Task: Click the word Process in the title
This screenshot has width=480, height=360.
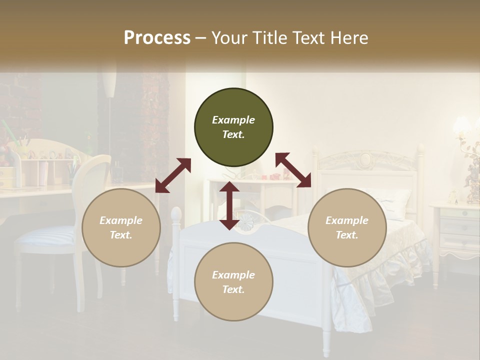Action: [157, 38]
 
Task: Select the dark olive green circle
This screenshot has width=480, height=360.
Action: [233, 127]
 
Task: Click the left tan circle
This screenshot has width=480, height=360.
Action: [121, 227]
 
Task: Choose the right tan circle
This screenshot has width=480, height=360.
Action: [347, 227]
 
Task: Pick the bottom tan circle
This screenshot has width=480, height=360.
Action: [233, 282]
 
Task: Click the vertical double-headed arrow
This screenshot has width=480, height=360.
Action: [229, 206]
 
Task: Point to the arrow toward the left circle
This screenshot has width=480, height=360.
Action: [173, 175]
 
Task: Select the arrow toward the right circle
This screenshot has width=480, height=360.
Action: [293, 170]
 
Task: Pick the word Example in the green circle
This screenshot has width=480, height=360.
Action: [233, 120]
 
